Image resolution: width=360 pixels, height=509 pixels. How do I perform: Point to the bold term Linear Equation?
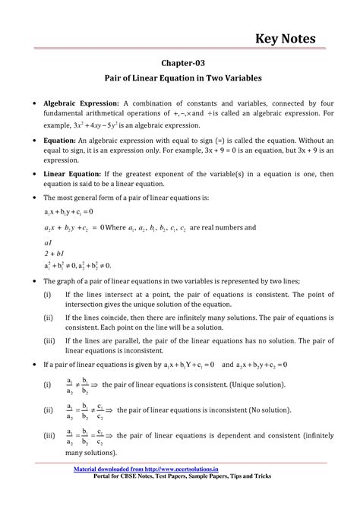point(79,174)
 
